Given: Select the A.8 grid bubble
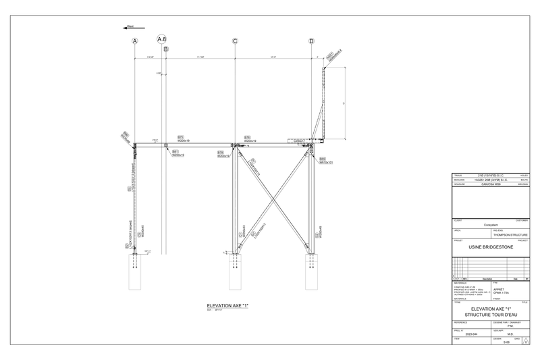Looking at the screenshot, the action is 162,40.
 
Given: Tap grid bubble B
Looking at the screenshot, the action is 166,49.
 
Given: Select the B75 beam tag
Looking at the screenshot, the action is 181,136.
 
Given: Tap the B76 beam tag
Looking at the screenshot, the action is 247,136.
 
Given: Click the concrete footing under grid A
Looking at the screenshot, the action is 135,274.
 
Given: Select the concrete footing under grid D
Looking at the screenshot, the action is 312,274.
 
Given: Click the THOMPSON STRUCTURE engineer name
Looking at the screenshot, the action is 510,235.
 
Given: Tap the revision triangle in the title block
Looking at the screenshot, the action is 525,342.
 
